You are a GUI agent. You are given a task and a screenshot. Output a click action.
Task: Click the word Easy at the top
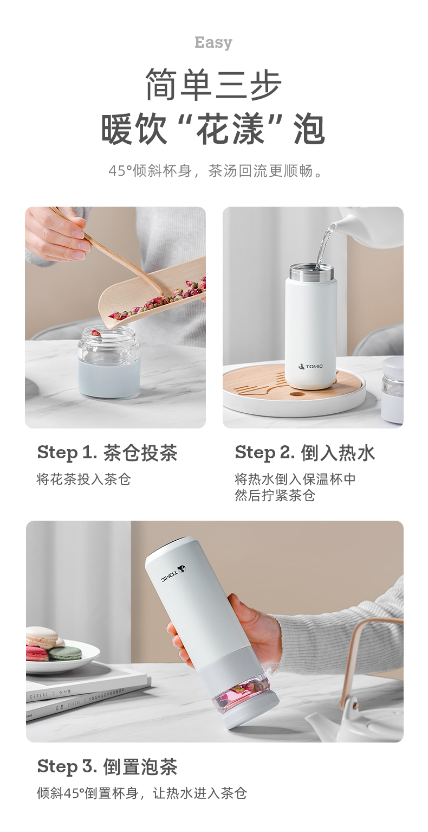click(213, 43)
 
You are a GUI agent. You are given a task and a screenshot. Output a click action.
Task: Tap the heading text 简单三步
click(213, 84)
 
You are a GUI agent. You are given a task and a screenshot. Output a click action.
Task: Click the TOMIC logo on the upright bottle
click(310, 367)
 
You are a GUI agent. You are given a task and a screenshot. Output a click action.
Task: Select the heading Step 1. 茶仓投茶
click(107, 453)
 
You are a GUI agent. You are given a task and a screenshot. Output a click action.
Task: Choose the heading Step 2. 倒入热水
click(305, 453)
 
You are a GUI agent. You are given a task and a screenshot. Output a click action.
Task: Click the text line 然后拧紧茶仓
click(275, 496)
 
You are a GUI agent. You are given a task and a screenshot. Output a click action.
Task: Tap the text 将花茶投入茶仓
click(84, 479)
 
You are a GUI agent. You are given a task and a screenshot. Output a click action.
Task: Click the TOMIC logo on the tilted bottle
click(173, 574)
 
